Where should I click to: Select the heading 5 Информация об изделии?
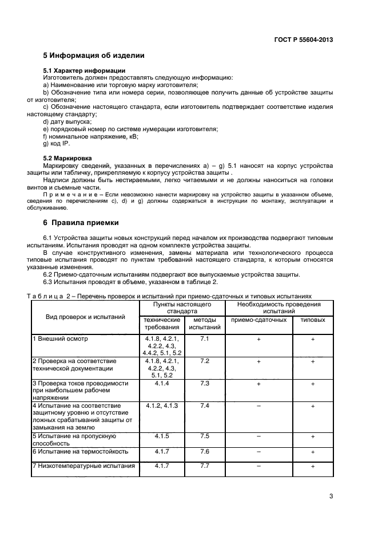(x=94, y=56)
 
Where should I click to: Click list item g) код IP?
(x=56, y=143)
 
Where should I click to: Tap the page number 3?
(x=331, y=496)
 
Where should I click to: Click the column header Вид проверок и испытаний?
(x=85, y=317)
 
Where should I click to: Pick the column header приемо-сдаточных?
(x=258, y=320)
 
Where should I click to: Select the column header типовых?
(x=313, y=320)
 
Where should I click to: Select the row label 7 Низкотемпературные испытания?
(x=83, y=466)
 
